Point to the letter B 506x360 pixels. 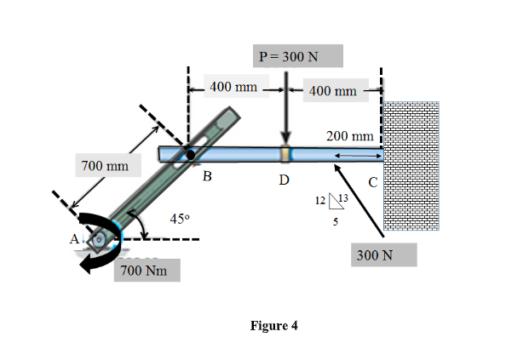[205, 178]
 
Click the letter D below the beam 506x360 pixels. [284, 180]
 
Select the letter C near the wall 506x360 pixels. [372, 180]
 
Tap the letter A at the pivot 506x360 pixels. [74, 239]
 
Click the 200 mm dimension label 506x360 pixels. [349, 136]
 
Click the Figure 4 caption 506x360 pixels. [274, 325]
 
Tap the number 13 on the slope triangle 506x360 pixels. [343, 199]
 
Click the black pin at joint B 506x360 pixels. [189, 154]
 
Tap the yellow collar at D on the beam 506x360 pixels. [286, 154]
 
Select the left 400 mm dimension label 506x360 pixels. [233, 87]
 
